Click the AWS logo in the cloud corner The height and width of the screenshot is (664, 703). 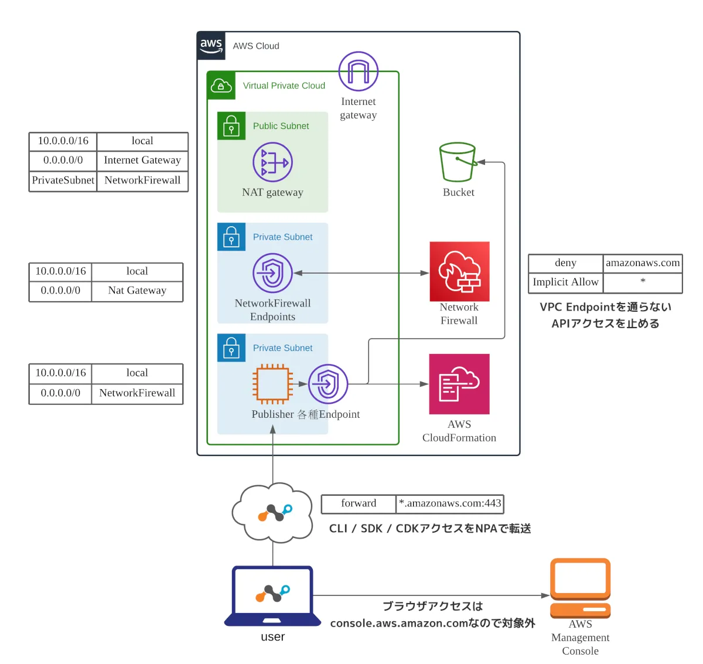point(211,46)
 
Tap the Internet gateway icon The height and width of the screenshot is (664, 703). point(359,71)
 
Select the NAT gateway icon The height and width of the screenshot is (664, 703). point(272,162)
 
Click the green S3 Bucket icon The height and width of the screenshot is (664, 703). point(458,162)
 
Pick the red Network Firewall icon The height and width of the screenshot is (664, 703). point(459,271)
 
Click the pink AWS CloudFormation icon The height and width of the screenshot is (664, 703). point(459,384)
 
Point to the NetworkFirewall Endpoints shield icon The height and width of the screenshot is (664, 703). point(272,273)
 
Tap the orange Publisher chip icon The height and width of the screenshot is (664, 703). point(272,384)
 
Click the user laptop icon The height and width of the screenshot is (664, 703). point(273,595)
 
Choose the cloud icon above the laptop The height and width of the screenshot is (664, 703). point(272,512)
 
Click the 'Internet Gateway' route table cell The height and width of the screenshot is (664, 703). point(142,160)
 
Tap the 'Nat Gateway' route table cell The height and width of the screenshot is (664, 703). point(137,291)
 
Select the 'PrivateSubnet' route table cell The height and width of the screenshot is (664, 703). point(63,181)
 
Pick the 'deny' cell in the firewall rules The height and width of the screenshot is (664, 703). point(565,263)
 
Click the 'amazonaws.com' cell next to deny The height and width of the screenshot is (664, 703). point(643,263)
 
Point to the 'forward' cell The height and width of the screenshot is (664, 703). point(359,503)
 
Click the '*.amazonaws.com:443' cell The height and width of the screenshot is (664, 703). point(450,503)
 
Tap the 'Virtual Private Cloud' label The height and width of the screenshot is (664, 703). point(284,86)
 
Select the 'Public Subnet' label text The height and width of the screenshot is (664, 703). point(281,126)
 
